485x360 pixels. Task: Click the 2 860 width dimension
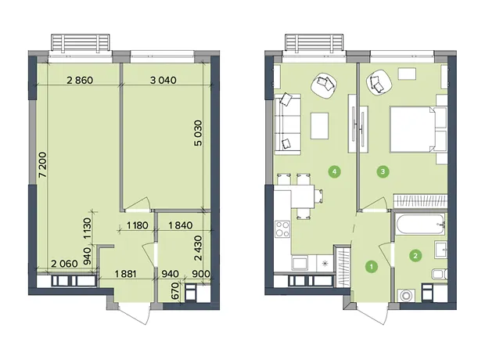[80, 80]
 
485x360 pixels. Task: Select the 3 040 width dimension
[163, 80]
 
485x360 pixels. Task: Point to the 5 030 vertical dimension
[198, 133]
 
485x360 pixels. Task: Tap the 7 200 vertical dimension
[42, 164]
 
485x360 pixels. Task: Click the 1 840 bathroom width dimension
[181, 225]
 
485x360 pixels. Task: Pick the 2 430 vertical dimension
[198, 248]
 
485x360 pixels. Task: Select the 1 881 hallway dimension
[125, 274]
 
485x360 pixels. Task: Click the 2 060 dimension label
[64, 264]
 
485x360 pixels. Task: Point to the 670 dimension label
[175, 290]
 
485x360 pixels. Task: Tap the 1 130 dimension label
[87, 229]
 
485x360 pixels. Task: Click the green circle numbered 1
[371, 266]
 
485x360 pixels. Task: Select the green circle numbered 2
[415, 256]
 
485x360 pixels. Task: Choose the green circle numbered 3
[383, 171]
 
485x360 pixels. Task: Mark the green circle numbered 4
[335, 171]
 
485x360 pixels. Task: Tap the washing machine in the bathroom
[405, 295]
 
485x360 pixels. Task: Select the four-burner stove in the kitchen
[282, 229]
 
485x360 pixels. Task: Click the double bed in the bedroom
[419, 129]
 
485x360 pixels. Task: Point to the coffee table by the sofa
[319, 126]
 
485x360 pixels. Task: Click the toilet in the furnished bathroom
[439, 274]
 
